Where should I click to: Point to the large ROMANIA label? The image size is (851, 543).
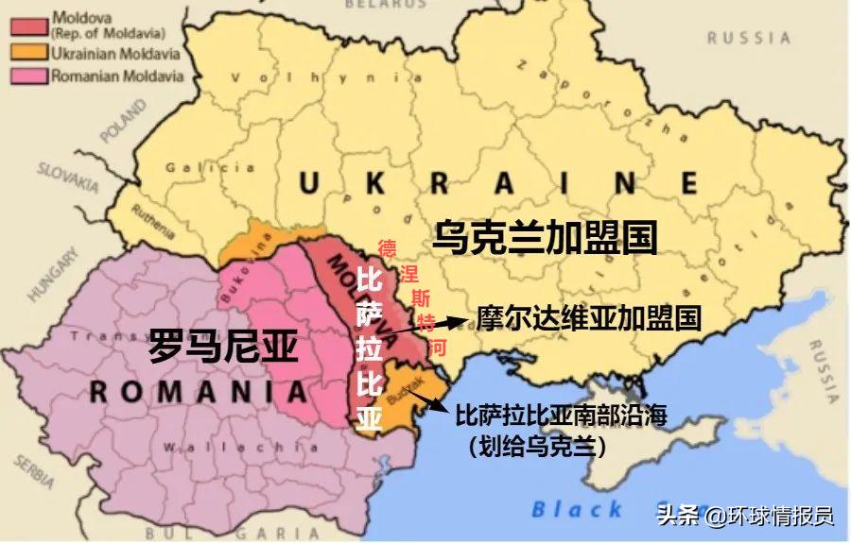[x=199, y=391]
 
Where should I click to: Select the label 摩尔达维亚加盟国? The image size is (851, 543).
[x=588, y=317]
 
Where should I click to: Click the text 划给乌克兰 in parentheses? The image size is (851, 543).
[x=535, y=445]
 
